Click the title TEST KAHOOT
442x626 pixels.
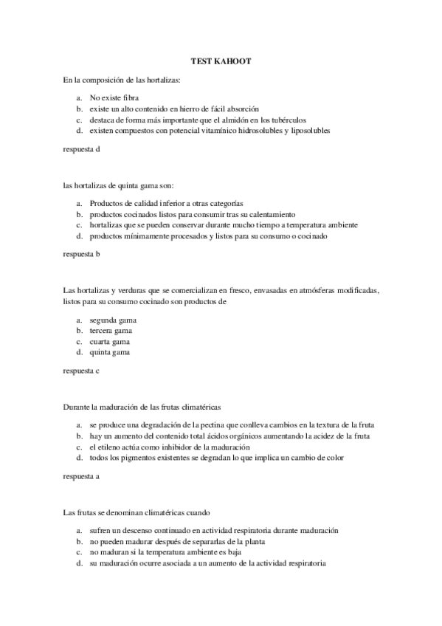pyautogui.click(x=221, y=62)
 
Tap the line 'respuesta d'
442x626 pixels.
pyautogui.click(x=81, y=149)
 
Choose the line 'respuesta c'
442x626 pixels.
pyautogui.click(x=81, y=371)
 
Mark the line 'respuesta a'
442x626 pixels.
pyautogui.click(x=81, y=476)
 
